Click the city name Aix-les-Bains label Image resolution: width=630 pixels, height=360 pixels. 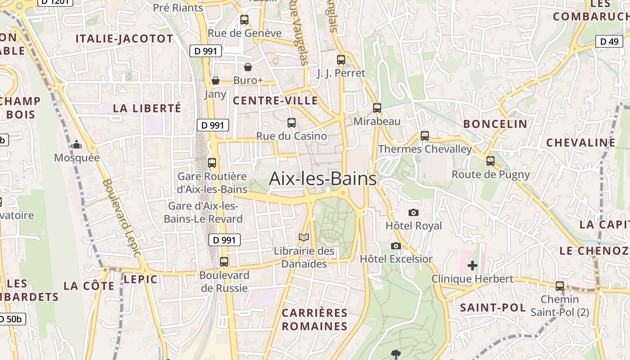(322, 179)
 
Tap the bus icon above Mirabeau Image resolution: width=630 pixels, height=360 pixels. (377, 108)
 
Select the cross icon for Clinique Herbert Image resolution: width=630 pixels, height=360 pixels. (472, 265)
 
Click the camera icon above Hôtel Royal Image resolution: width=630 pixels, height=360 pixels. (414, 212)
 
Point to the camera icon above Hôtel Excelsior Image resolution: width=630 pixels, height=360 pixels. (396, 246)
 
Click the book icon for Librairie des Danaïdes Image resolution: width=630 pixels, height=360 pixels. (304, 237)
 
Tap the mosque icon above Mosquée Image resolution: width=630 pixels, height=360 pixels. (76, 144)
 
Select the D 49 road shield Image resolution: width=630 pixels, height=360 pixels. (609, 42)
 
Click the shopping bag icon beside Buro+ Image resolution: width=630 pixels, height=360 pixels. (247, 67)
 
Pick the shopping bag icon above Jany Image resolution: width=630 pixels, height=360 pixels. (216, 81)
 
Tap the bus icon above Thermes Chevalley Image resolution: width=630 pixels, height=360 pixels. (424, 135)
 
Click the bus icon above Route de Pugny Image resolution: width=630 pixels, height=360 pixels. (490, 161)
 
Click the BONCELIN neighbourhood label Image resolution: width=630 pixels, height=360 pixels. (495, 124)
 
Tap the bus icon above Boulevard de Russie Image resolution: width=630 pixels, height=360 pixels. (224, 261)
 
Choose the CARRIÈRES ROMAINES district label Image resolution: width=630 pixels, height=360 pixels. (315, 319)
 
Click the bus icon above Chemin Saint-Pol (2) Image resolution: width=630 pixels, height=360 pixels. (560, 286)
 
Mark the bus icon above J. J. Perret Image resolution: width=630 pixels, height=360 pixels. (341, 59)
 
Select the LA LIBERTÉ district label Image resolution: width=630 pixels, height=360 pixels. (147, 108)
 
